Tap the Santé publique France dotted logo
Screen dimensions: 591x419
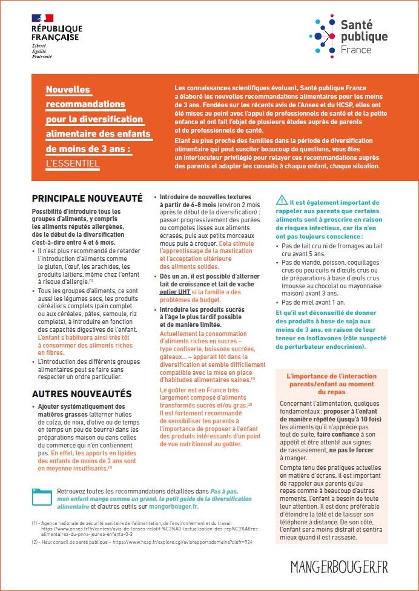point(328,35)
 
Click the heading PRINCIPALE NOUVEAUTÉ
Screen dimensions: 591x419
point(87,198)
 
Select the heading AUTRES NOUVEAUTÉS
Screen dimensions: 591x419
point(81,394)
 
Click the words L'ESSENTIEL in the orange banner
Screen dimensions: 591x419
point(73,163)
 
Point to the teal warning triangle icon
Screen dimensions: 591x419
point(282,200)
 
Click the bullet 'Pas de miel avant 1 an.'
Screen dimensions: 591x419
point(314,302)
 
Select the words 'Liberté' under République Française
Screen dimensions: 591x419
point(40,46)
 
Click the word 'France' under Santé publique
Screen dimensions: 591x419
point(356,50)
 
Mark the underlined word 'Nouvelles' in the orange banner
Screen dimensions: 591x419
point(68,90)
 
